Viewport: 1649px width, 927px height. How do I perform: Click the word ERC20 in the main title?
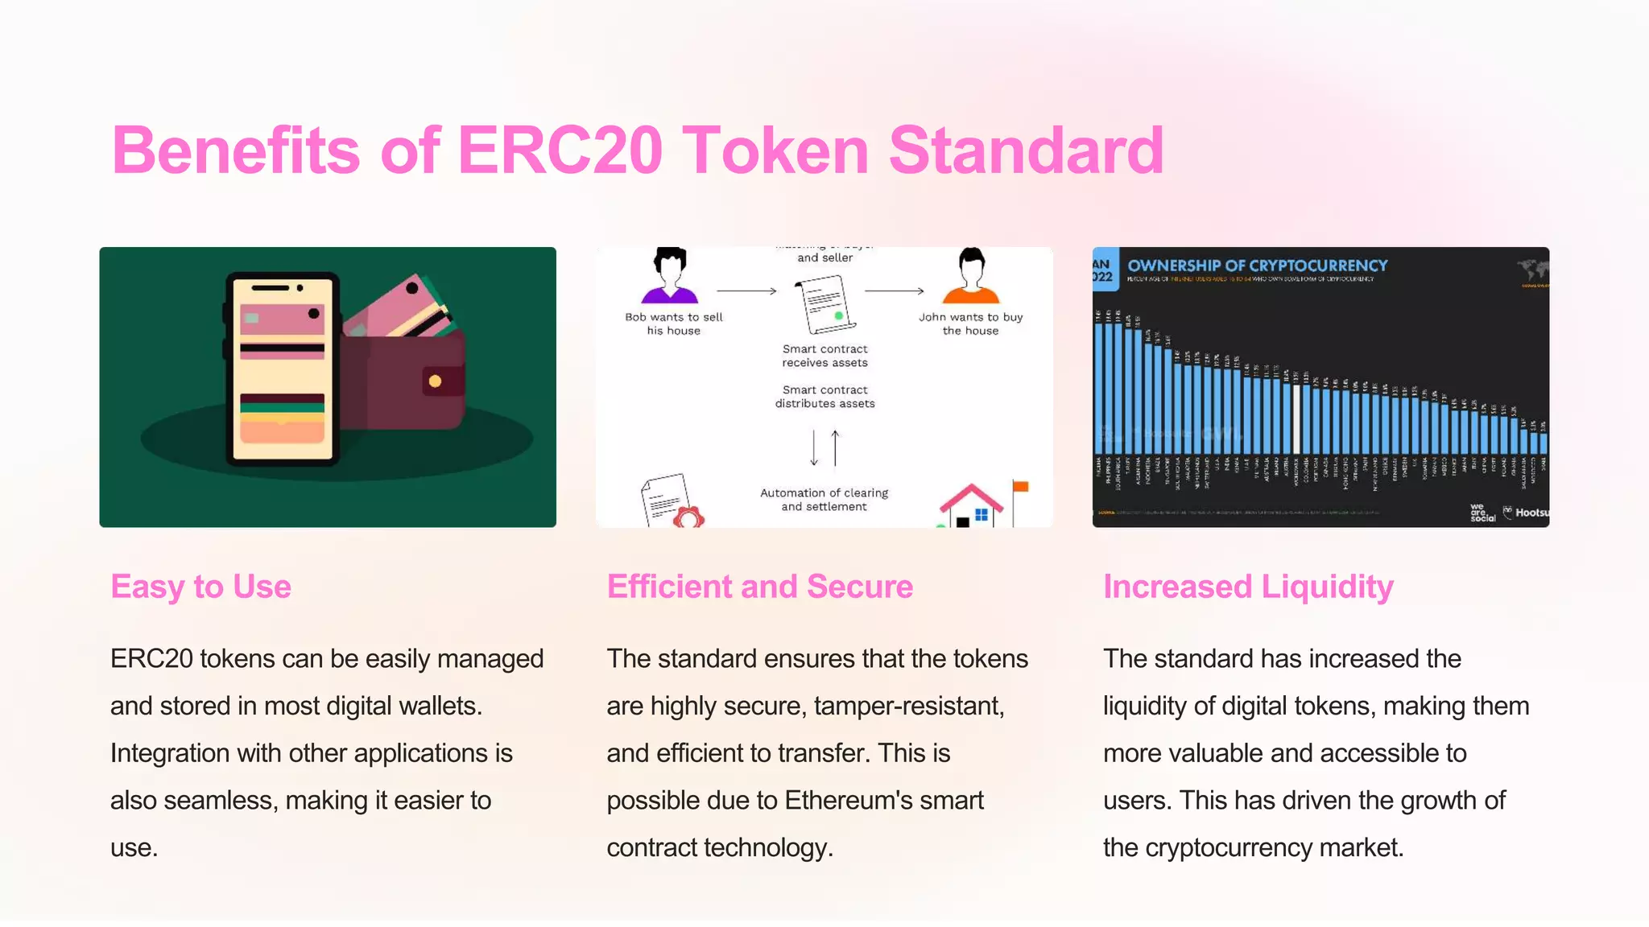[x=560, y=150]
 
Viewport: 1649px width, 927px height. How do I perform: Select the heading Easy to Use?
[x=200, y=587]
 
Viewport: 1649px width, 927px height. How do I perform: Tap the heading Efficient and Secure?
[x=759, y=587]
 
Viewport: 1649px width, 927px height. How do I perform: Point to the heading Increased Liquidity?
[x=1248, y=587]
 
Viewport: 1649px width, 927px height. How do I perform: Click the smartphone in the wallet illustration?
[x=282, y=369]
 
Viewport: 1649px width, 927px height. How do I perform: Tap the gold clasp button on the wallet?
[x=435, y=381]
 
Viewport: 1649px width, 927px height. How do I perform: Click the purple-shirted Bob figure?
[x=669, y=275]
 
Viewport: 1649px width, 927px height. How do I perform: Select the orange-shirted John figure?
[x=971, y=275]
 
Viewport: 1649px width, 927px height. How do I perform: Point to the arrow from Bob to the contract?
[x=746, y=290]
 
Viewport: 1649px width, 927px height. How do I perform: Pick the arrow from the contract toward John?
[x=894, y=290]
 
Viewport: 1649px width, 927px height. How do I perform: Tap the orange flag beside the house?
[x=1020, y=487]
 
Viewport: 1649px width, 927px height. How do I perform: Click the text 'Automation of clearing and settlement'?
[x=824, y=500]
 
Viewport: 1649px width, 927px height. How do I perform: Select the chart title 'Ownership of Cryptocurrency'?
[x=1257, y=266]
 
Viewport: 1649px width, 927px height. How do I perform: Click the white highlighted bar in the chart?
[x=1296, y=418]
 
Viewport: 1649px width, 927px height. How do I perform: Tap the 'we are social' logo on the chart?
[x=1482, y=513]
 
